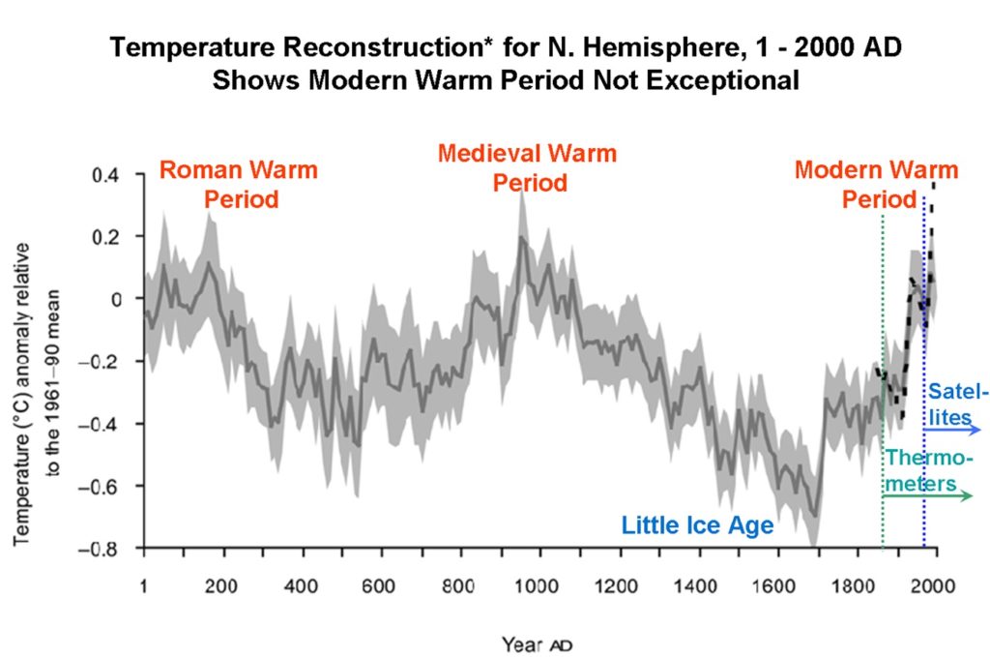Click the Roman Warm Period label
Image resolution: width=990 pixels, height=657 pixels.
(238, 185)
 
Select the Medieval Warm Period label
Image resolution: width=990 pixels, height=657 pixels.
(527, 167)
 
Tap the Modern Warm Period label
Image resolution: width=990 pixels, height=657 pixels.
(876, 185)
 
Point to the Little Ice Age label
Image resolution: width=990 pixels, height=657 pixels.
(697, 525)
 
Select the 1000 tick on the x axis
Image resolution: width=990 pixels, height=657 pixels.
(538, 585)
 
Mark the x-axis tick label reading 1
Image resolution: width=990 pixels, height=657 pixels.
(143, 585)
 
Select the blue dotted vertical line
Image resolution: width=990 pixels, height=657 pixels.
(924, 290)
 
